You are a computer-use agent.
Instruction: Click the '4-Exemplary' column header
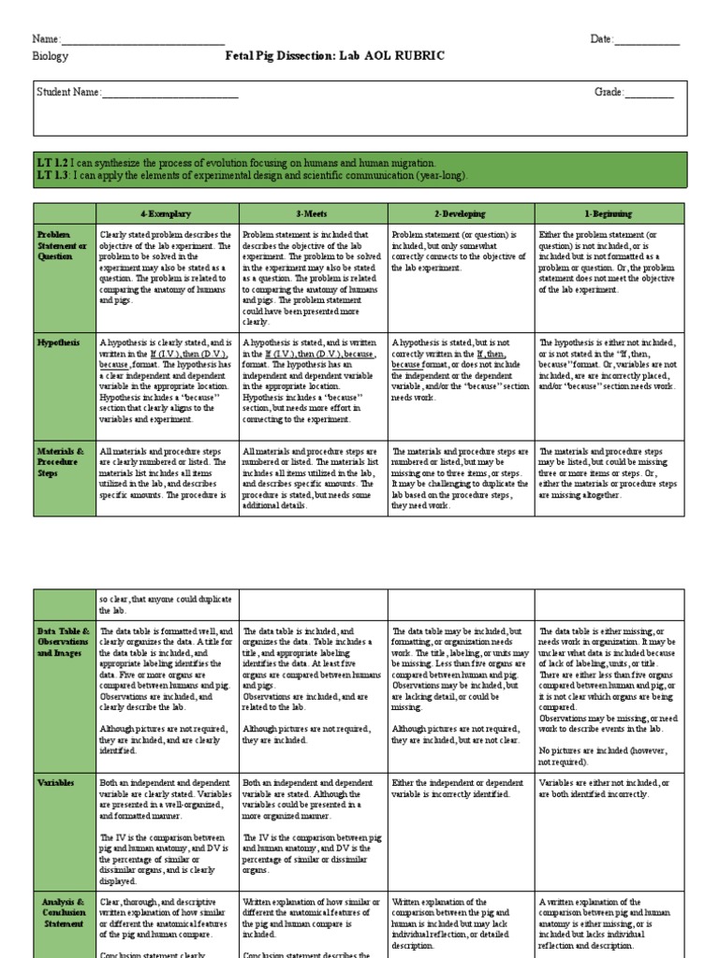coord(167,213)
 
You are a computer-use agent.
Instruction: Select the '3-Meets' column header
coord(313,213)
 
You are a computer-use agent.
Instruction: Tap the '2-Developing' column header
coord(460,213)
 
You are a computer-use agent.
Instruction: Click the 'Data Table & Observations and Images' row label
coord(64,644)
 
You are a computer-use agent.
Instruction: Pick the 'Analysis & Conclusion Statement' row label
coord(64,909)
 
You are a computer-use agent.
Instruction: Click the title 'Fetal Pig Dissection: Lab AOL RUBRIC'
coord(335,56)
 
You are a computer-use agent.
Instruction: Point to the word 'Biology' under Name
coord(51,56)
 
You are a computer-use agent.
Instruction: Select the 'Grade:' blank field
coord(650,93)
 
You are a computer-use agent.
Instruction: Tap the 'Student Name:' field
coord(169,93)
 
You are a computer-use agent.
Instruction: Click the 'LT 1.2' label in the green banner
coord(50,163)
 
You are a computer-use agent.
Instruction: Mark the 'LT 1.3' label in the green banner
coord(50,176)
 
